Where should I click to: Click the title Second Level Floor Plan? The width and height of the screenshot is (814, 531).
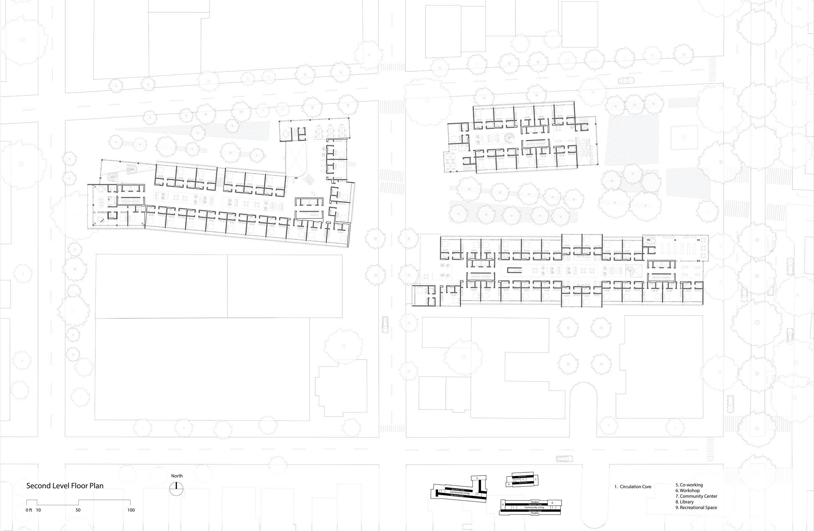click(65, 486)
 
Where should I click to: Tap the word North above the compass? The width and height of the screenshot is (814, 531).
click(177, 476)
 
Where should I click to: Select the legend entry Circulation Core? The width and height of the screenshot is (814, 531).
click(633, 487)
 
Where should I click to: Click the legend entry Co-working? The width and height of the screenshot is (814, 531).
click(689, 485)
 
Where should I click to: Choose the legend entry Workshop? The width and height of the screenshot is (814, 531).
click(687, 491)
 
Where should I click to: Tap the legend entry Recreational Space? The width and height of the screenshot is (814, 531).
click(696, 508)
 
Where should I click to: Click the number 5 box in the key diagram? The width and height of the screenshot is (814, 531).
click(477, 477)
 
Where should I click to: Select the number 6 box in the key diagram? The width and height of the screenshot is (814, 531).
click(509, 484)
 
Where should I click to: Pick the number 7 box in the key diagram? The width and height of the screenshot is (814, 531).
click(536, 480)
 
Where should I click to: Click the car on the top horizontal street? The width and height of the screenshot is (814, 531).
click(627, 81)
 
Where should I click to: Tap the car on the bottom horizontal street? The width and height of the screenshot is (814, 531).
click(564, 458)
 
